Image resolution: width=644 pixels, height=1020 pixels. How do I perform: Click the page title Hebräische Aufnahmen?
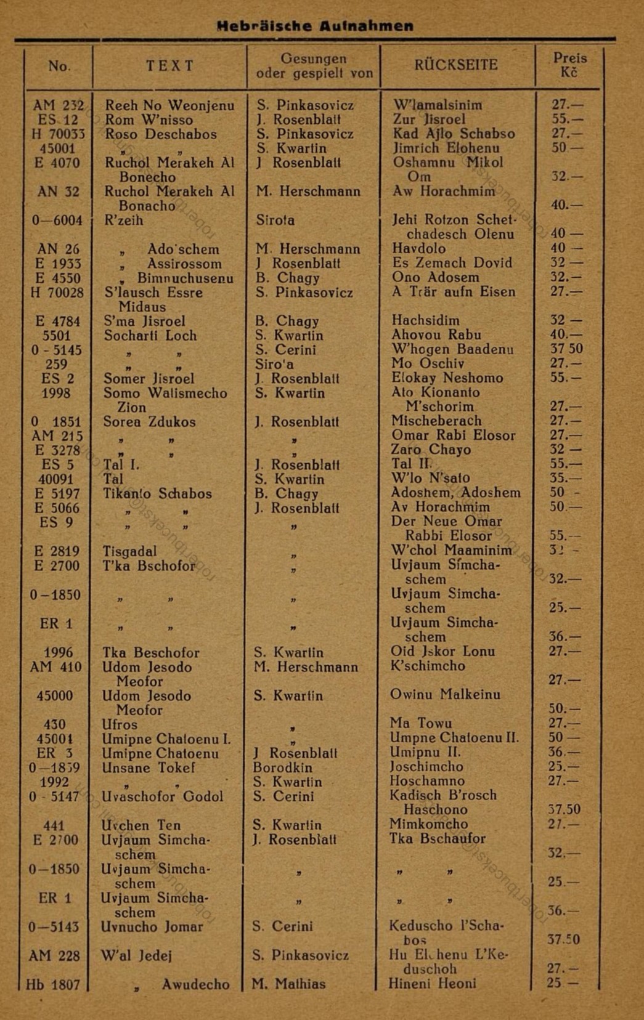coord(314,26)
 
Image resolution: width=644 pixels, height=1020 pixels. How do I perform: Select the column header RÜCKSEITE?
coord(456,65)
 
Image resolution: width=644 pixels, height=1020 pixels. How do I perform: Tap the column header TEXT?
coord(170,66)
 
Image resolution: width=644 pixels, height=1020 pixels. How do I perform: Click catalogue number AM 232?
coord(59,105)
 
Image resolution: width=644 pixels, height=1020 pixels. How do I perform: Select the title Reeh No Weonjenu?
coord(169,105)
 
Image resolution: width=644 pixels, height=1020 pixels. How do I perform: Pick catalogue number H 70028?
coord(57,293)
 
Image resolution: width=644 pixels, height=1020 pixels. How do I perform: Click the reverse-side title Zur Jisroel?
coord(429,119)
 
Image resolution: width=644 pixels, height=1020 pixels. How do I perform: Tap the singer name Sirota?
coord(275,220)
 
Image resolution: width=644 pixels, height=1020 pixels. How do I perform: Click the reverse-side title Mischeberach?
coord(436,421)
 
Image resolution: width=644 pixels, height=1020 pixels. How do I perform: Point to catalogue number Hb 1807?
coord(54,984)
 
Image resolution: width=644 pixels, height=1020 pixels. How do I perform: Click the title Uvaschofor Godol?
coord(163,796)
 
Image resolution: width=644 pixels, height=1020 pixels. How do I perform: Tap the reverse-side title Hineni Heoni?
coord(432,984)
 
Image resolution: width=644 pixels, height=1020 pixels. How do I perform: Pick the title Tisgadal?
coord(129,551)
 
